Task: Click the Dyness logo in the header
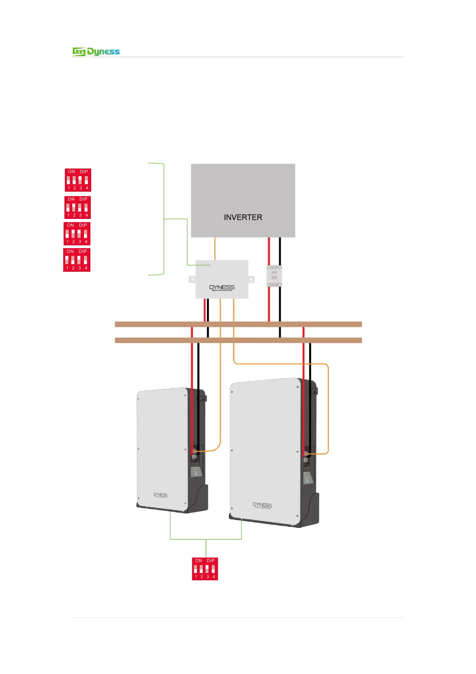pos(96,52)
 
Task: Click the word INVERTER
pos(243,217)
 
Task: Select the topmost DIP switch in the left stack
pos(78,180)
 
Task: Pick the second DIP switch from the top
pos(78,207)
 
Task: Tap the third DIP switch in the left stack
pos(77,234)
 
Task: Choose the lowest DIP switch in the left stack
pos(77,260)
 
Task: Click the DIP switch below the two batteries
pos(205,569)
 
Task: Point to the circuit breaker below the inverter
pos(274,275)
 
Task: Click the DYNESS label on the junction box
pos(222,287)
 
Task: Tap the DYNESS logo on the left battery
pos(160,495)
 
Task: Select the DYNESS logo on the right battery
pos(262,505)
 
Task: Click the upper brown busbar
pos(238,324)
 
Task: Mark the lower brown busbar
pos(238,340)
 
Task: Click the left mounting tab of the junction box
pos(192,279)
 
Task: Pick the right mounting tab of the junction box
pos(251,279)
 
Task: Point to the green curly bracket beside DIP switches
pos(163,219)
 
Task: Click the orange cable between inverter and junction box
pos(215,249)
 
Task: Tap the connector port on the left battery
pos(195,451)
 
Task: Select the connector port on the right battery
pos(307,453)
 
